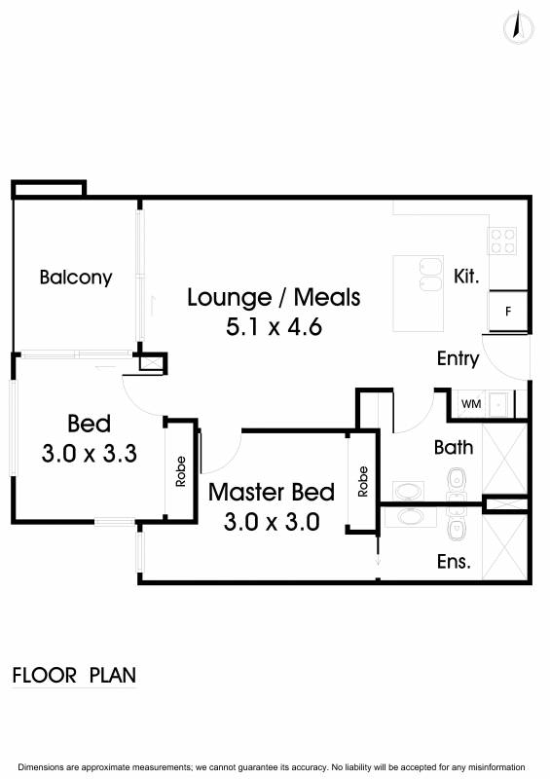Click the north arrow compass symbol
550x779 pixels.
click(518, 28)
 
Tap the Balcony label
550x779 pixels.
click(76, 278)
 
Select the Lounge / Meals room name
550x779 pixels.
click(274, 297)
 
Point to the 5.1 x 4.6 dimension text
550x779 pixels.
click(274, 327)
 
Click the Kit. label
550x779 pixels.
click(466, 276)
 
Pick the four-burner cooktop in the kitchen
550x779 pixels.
click(502, 241)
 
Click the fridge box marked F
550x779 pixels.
click(508, 312)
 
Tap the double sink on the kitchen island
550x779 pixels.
click(430, 275)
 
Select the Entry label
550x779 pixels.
click(458, 358)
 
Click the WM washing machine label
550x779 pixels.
click(471, 404)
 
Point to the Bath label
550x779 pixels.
click(453, 448)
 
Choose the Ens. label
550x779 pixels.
click(454, 562)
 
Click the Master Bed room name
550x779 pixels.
click(272, 493)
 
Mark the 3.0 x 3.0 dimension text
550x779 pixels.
click(272, 522)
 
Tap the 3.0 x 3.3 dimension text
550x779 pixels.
click(89, 454)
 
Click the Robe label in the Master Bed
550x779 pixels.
click(363, 481)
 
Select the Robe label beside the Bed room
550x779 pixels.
click(180, 471)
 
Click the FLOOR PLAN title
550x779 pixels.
click(74, 676)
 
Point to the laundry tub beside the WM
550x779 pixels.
click(498, 404)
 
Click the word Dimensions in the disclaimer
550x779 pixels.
click(41, 767)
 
